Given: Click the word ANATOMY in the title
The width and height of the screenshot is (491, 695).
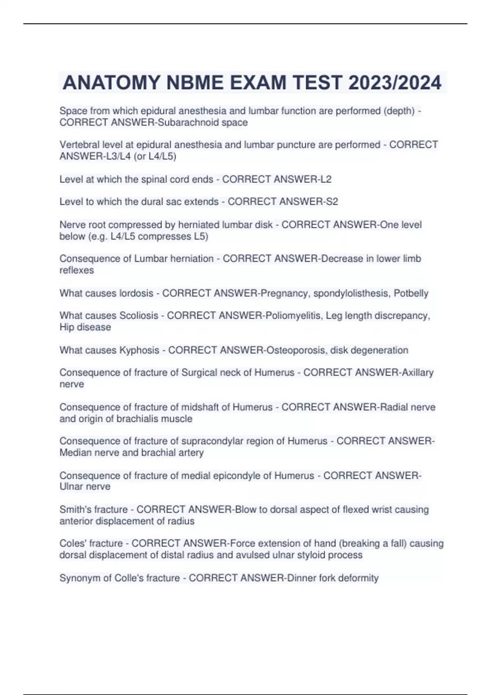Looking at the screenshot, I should (111, 83).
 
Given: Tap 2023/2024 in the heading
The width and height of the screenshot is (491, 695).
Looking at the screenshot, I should (395, 83).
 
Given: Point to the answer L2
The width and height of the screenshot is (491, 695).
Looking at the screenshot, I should (326, 179).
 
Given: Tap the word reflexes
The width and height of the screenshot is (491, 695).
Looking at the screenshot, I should (77, 270).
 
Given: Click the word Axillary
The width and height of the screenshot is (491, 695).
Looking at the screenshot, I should (417, 372).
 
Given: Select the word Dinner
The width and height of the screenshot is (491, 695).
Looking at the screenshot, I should (301, 578).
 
